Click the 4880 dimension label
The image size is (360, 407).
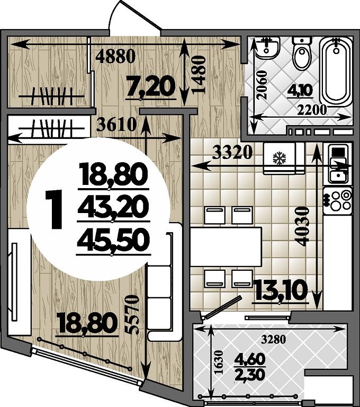(x=115, y=56)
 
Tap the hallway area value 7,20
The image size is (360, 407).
(x=150, y=86)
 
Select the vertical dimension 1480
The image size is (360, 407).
(x=199, y=75)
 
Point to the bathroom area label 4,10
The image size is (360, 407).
(x=300, y=90)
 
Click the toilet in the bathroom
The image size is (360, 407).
(x=302, y=53)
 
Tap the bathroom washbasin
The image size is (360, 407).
(x=268, y=48)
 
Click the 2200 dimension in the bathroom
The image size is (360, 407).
(x=312, y=110)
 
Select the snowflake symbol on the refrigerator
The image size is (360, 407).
(x=279, y=158)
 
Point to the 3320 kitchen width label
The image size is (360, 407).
(x=232, y=153)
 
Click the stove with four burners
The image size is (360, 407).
(x=337, y=200)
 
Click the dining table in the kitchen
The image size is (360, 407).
(x=226, y=246)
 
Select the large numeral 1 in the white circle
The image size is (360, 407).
(x=54, y=209)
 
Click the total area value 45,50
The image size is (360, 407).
(x=113, y=241)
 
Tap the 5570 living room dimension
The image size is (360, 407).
(x=132, y=315)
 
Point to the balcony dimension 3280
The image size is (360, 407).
(x=273, y=339)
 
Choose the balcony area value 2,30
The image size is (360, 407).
(x=250, y=375)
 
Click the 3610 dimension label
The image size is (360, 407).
(x=116, y=125)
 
